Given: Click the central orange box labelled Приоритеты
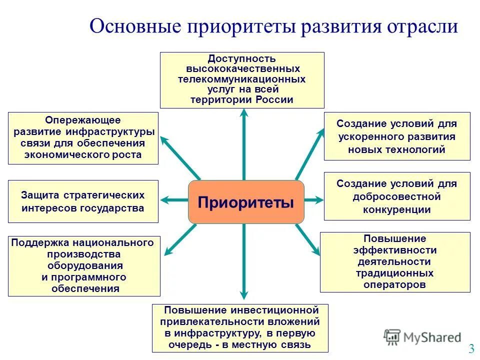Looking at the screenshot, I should tap(246, 202).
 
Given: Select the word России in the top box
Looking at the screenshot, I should tap(274, 99).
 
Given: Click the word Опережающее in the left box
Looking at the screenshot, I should tap(83, 120).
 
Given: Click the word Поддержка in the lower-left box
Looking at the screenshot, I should tap(41, 242).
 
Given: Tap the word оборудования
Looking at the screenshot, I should tap(85, 265).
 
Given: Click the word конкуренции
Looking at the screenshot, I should tap(397, 210).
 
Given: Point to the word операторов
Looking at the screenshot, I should tap(395, 284).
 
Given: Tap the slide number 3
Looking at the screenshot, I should tap(471, 348).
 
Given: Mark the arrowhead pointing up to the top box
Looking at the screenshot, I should tap(244, 113).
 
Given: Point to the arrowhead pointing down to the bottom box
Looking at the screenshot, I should tap(244, 295).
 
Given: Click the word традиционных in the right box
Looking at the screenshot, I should tap(395, 273).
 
